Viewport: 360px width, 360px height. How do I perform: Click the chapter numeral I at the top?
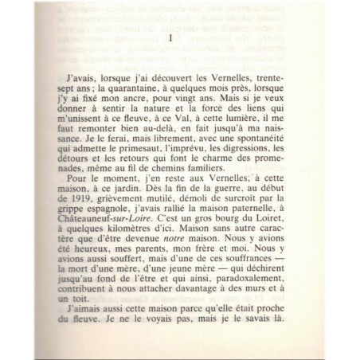pos(171,38)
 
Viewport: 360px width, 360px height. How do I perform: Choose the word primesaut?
pos(129,162)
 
